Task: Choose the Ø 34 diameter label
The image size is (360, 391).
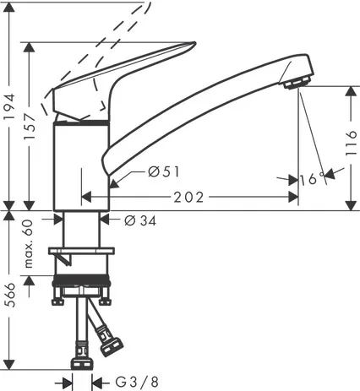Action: (x=140, y=220)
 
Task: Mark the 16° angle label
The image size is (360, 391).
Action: (x=308, y=179)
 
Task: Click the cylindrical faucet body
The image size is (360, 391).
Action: (x=81, y=165)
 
